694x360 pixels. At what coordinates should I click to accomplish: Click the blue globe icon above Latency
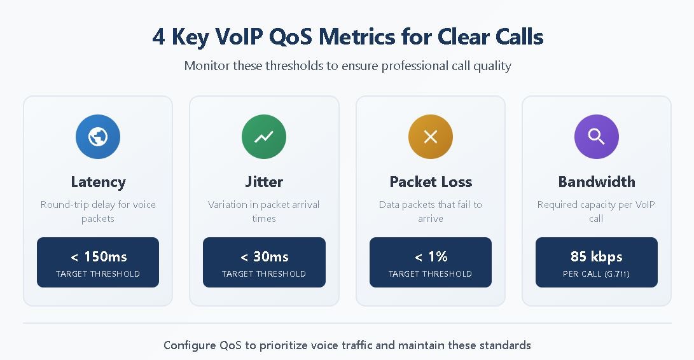(x=98, y=136)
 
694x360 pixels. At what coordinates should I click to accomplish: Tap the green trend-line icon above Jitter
(x=264, y=136)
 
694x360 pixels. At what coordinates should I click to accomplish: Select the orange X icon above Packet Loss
(x=430, y=136)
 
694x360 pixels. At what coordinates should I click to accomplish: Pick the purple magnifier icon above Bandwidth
(x=596, y=136)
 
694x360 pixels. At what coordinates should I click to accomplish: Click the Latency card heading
(x=98, y=182)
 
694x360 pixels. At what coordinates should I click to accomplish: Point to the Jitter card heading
(x=264, y=181)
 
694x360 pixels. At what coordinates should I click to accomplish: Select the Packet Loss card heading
(x=431, y=181)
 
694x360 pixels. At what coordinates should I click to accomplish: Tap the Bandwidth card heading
(x=597, y=181)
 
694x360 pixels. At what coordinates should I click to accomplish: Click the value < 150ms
(x=99, y=256)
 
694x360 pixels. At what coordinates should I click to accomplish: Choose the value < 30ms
(x=264, y=256)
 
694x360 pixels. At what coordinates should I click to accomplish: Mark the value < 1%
(x=431, y=256)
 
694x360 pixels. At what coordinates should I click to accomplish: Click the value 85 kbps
(x=596, y=257)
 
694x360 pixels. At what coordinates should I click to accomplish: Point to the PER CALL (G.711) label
(x=596, y=273)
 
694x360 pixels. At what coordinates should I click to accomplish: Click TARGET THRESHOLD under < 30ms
(x=264, y=273)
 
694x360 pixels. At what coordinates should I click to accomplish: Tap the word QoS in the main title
(x=290, y=36)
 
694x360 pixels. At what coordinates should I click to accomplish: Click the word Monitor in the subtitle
(x=207, y=66)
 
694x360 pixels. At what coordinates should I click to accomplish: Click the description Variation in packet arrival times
(x=264, y=211)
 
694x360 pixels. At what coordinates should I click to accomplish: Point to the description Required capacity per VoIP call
(x=596, y=211)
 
